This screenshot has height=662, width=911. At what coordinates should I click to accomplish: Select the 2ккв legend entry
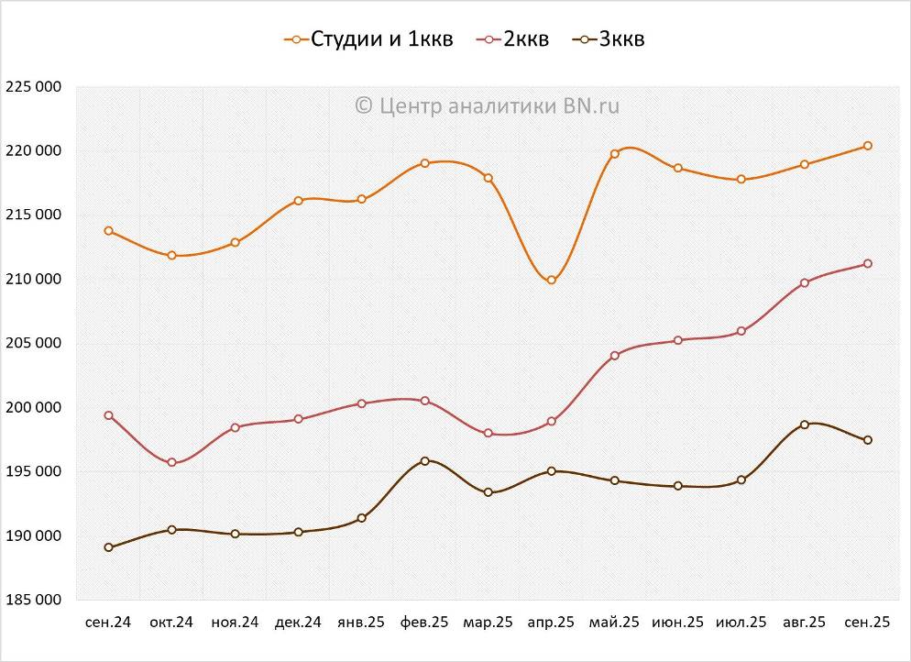point(514,39)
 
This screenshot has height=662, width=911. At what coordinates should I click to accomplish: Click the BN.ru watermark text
point(487,105)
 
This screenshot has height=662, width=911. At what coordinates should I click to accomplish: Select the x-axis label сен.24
point(108,622)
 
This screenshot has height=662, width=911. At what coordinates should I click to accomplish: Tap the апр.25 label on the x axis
point(551,622)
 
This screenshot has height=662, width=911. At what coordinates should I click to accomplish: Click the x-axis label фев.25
point(424,622)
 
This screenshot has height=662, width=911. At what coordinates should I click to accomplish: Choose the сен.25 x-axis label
point(867,622)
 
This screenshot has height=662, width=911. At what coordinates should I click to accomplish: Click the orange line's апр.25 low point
point(552,281)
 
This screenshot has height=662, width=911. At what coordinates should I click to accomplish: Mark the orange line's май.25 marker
point(615,154)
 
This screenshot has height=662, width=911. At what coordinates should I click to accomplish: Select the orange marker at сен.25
point(867,146)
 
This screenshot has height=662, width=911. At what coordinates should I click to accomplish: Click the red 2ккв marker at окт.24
point(171,463)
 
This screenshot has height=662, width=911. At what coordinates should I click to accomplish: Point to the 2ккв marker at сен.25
point(867,264)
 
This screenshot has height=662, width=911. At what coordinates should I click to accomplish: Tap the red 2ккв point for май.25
point(615,356)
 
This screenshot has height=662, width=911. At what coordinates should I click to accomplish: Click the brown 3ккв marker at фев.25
point(425,461)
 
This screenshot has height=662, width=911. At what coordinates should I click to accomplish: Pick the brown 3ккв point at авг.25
point(804,425)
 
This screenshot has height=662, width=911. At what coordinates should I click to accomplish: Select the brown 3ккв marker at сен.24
point(109,547)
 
